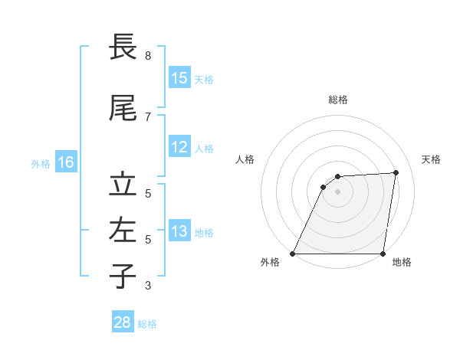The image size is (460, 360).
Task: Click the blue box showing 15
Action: pyautogui.click(x=179, y=77)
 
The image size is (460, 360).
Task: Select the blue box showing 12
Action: pyautogui.click(x=179, y=147)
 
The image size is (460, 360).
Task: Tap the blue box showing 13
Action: pyautogui.click(x=179, y=231)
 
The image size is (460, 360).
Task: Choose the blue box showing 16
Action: pyautogui.click(x=66, y=162)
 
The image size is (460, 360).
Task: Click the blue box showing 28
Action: pyautogui.click(x=123, y=322)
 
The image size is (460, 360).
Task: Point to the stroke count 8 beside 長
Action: pyautogui.click(x=148, y=56)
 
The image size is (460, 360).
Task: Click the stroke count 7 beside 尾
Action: pyautogui.click(x=148, y=116)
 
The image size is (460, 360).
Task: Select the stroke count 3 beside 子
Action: pyautogui.click(x=148, y=286)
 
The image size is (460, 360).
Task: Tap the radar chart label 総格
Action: pyautogui.click(x=337, y=100)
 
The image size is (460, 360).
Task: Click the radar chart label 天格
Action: pyautogui.click(x=431, y=159)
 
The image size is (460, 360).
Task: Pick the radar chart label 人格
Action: pyautogui.click(x=245, y=159)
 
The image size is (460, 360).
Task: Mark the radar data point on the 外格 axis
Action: pyautogui.click(x=293, y=254)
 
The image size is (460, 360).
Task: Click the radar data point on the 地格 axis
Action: pyautogui.click(x=383, y=254)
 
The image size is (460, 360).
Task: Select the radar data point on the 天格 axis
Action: pyautogui.click(x=396, y=172)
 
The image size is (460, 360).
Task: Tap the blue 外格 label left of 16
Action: pyautogui.click(x=41, y=163)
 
